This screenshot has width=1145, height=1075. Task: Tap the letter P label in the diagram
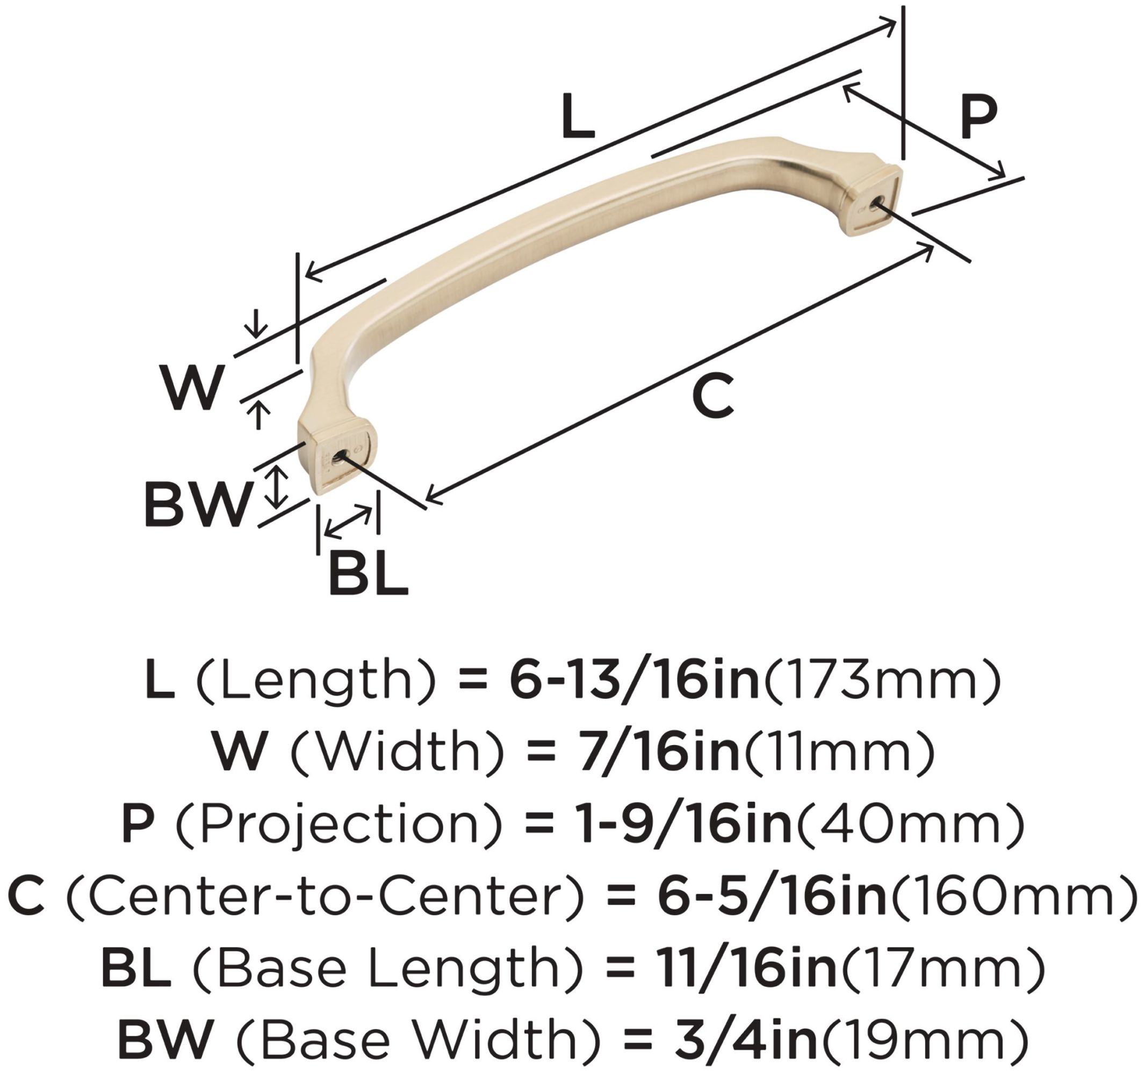pyautogui.click(x=978, y=118)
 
